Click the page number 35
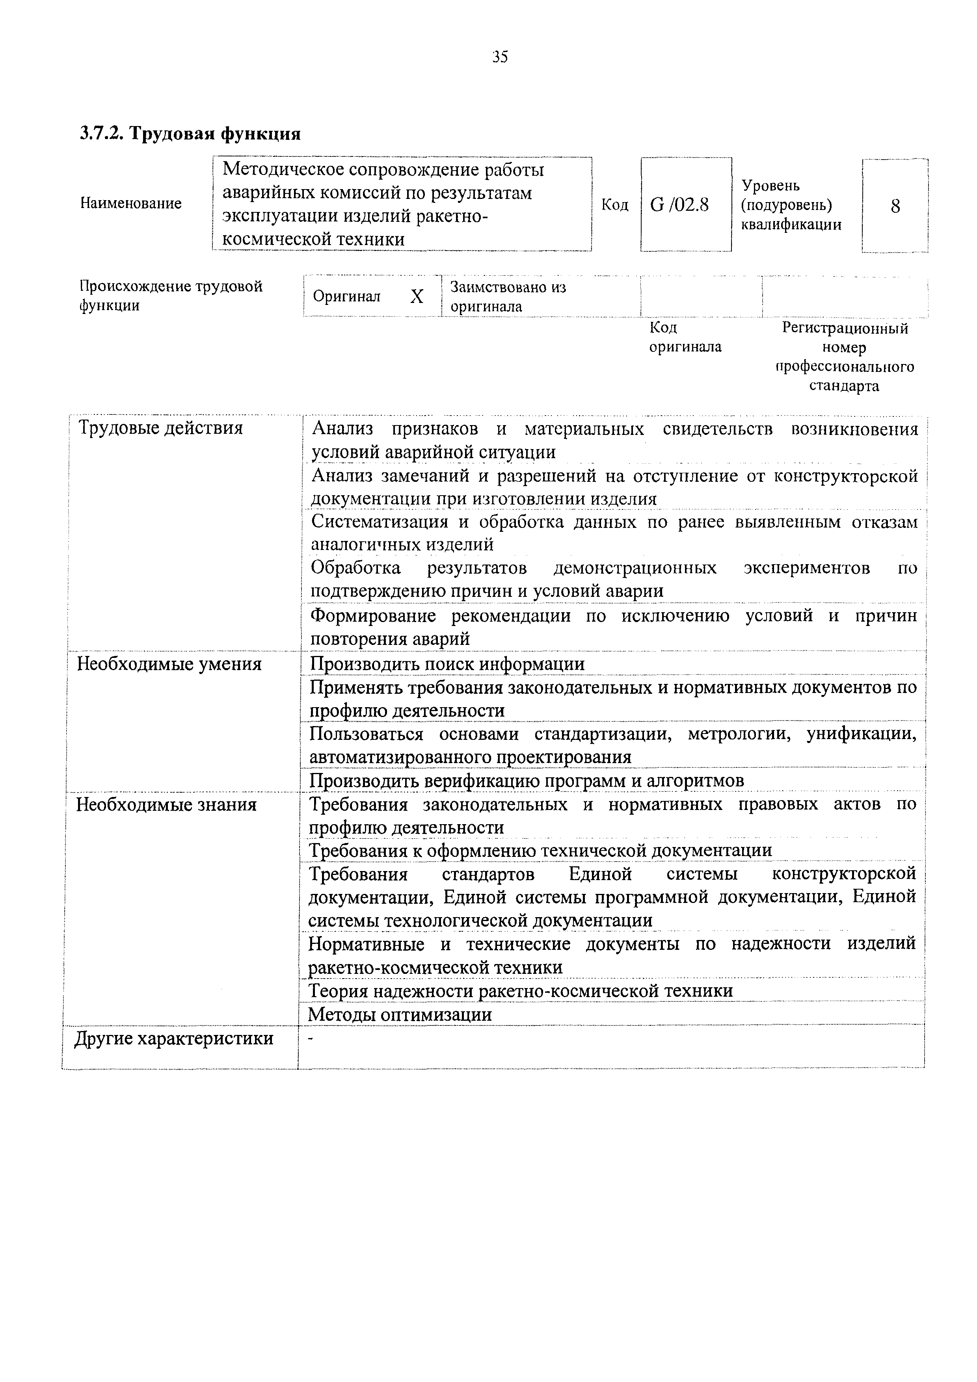(500, 57)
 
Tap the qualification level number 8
(895, 206)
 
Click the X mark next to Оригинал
(417, 296)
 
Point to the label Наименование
(130, 203)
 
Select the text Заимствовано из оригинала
(509, 297)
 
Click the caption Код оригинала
(685, 337)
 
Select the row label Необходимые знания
(166, 805)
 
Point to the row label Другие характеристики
(174, 1038)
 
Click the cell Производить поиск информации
(447, 664)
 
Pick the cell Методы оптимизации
(400, 1015)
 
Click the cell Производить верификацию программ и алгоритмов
(527, 781)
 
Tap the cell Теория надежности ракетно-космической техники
(520, 991)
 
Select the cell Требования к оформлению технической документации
(540, 851)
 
